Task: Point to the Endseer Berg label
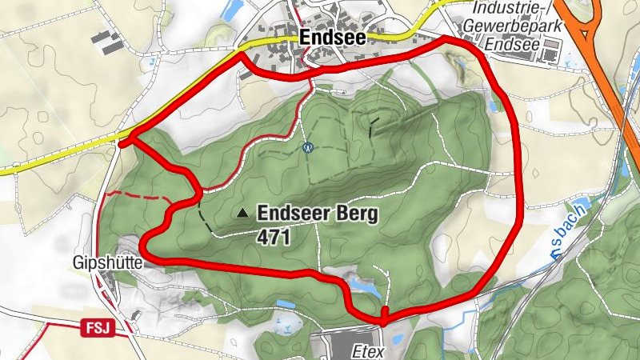click(x=316, y=214)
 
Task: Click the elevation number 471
click(x=274, y=238)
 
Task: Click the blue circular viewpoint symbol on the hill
click(x=307, y=147)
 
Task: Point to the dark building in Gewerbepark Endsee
click(x=551, y=53)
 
